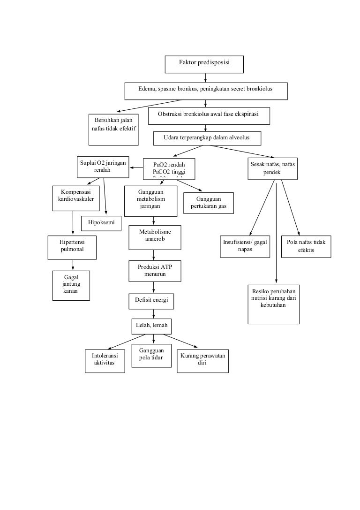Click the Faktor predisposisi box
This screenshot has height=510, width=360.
pos(204,64)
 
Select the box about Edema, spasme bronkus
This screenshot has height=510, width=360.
pos(206,91)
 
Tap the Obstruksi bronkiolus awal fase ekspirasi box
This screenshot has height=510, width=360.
pos(209,116)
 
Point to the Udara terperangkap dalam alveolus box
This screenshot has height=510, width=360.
pos(207,138)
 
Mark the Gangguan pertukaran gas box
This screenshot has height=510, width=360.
pos(209,203)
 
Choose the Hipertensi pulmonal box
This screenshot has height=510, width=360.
pos(72,247)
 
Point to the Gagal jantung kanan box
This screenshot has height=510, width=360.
pos(71,285)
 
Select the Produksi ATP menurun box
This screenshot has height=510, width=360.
pos(155,270)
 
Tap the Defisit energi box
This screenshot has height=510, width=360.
pos(151,301)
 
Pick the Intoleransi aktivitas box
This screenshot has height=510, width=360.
pos(105,361)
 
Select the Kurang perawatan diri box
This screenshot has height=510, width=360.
pos(202,361)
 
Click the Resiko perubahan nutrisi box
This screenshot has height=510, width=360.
pos(274,304)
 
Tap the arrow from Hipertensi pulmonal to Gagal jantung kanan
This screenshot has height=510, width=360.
pos(72,265)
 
